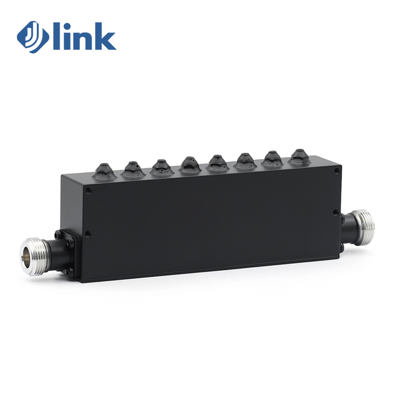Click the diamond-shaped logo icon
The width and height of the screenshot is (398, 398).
point(33,37)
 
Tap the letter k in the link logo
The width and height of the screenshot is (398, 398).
point(105,36)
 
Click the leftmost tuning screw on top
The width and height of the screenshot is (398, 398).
point(104,171)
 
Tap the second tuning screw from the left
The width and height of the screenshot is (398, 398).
point(132,169)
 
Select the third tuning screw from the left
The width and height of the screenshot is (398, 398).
point(161,167)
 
